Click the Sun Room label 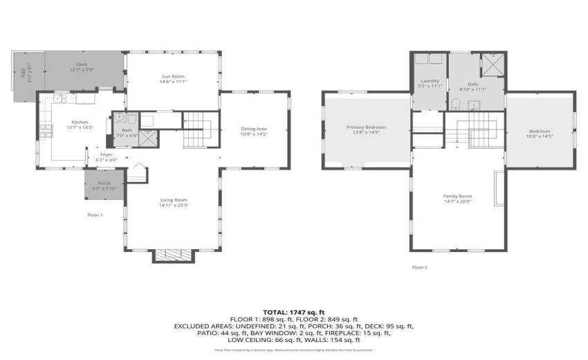[x=172, y=76]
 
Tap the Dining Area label [x=253, y=129]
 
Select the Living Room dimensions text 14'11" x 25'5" [x=174, y=205]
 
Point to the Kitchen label [x=80, y=122]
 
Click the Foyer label [x=106, y=154]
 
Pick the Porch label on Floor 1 [x=104, y=183]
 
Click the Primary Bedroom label [x=366, y=127]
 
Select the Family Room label [x=457, y=196]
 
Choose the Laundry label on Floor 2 [x=430, y=81]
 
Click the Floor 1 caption [x=95, y=215]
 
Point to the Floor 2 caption [x=420, y=267]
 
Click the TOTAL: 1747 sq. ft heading [x=294, y=313]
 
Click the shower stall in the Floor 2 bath [x=493, y=64]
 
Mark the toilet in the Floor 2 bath [x=457, y=104]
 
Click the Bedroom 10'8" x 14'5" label [x=540, y=132]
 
